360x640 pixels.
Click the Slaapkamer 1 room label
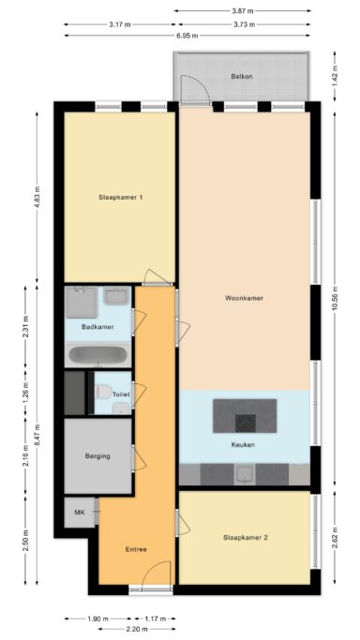(x=120, y=197)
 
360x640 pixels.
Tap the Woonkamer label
(x=244, y=298)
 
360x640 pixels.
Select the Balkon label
(x=239, y=76)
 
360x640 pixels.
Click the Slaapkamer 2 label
(x=246, y=538)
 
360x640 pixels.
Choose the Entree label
(x=136, y=549)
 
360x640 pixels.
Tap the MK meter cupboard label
(x=79, y=513)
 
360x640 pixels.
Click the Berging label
(x=97, y=456)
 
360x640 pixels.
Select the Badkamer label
(x=97, y=327)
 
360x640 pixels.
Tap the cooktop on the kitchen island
(x=246, y=424)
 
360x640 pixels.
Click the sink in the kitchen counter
(x=245, y=474)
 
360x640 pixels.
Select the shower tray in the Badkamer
(x=82, y=302)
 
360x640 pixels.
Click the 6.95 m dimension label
(x=187, y=36)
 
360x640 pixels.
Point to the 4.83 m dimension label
(x=37, y=197)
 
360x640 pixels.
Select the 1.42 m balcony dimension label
(x=335, y=76)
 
